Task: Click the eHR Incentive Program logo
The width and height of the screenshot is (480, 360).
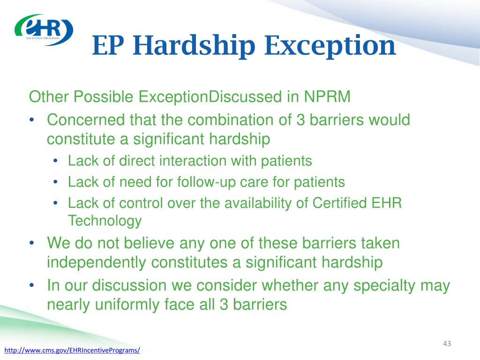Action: pos(44,30)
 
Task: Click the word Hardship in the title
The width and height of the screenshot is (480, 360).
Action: pos(194,46)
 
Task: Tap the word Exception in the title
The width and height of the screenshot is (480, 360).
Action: pos(330,46)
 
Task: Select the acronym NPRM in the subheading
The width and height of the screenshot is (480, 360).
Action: pos(327,97)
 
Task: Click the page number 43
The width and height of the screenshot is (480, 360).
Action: pos(447,344)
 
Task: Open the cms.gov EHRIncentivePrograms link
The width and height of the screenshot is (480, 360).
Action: pos(72,350)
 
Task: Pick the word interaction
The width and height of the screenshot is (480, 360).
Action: pos(193,161)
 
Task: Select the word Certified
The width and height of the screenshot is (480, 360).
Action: pos(339,203)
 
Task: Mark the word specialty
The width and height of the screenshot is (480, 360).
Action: pos(384,286)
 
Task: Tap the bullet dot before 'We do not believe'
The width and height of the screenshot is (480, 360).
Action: pos(31,244)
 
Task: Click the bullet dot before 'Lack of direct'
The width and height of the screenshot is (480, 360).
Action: pos(55,161)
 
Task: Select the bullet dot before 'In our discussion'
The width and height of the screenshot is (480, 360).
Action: pos(31,285)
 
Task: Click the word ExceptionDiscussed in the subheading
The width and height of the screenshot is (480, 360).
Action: pos(210,97)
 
